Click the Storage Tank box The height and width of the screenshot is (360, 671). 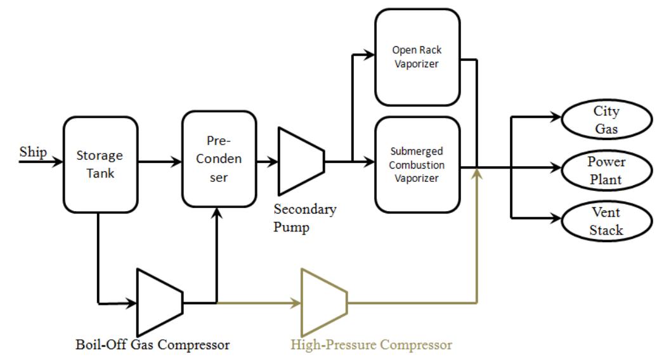click(x=100, y=164)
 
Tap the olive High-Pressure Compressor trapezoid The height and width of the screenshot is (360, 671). click(x=323, y=302)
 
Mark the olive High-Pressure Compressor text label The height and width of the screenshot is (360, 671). click(x=371, y=345)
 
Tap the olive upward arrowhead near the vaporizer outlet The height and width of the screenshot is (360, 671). click(x=476, y=176)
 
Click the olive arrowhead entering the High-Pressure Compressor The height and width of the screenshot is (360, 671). click(x=296, y=303)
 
